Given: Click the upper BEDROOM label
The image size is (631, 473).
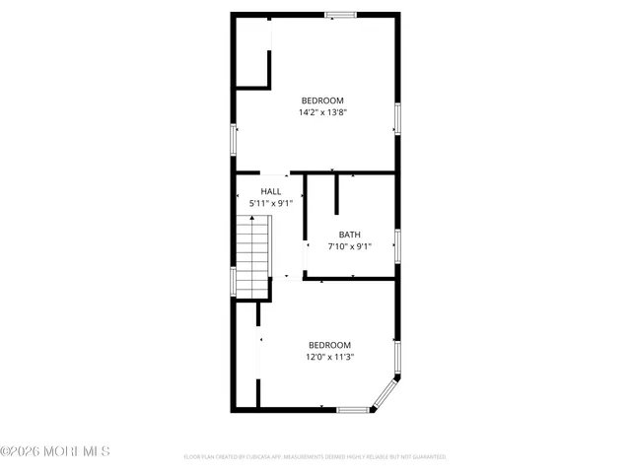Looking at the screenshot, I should (x=322, y=101).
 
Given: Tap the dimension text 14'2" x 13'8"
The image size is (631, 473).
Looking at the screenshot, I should (x=322, y=112).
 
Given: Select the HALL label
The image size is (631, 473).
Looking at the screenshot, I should (x=271, y=191).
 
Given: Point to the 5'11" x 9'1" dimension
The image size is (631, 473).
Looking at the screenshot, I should (x=271, y=203).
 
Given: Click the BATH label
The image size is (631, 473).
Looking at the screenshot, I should (x=350, y=235).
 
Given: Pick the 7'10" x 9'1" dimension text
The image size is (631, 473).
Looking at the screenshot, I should (x=350, y=246).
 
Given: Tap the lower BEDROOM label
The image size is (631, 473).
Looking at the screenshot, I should (x=328, y=345).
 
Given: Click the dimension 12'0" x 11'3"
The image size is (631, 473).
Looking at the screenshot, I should (x=328, y=358).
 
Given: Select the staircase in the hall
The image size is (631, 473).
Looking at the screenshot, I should (x=253, y=254).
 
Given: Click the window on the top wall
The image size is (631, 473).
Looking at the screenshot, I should (x=341, y=14).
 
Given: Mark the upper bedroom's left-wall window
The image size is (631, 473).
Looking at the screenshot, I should (x=234, y=139).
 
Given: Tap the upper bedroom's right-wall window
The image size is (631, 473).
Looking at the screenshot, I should (x=397, y=118).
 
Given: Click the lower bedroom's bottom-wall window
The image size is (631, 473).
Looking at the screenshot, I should (x=352, y=409).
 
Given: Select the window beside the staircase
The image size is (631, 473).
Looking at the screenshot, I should (x=234, y=281).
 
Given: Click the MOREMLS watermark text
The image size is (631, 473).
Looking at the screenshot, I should (x=55, y=451).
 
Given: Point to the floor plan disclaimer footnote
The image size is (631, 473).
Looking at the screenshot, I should (x=315, y=457).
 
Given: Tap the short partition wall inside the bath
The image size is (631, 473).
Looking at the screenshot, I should (x=337, y=194).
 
